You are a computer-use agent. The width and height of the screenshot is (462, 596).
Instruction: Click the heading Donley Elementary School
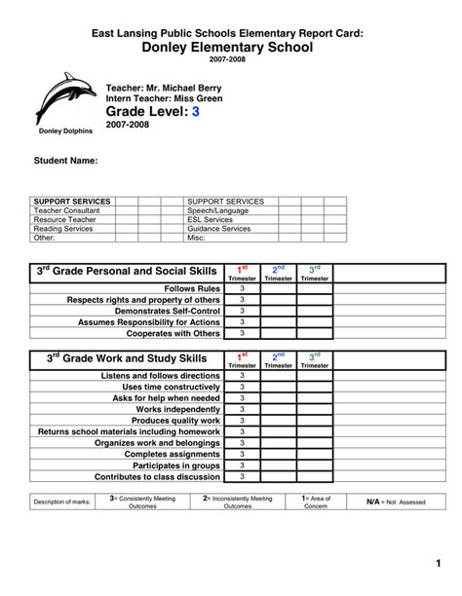(x=230, y=48)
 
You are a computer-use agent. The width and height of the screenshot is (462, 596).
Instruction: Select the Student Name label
(x=65, y=159)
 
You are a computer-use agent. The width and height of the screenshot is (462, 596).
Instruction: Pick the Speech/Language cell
(x=217, y=210)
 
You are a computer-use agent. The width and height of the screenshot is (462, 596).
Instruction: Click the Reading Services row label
(x=64, y=229)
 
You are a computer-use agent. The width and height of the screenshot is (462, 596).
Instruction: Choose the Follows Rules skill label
(x=192, y=289)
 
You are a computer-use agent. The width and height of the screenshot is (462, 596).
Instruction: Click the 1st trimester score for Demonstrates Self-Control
(x=242, y=312)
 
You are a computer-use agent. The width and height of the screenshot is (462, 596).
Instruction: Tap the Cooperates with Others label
(x=173, y=333)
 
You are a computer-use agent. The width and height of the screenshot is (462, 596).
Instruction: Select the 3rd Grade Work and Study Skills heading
(x=127, y=359)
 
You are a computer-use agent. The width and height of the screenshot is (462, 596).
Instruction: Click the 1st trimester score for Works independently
(x=242, y=409)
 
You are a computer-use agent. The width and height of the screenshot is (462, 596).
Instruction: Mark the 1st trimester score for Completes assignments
(x=242, y=454)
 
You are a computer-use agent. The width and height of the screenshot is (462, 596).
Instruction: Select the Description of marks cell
(x=61, y=502)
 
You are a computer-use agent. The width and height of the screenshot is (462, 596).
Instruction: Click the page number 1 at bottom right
(x=439, y=565)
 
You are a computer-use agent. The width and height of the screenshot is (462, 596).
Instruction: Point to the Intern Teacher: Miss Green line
(x=156, y=98)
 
